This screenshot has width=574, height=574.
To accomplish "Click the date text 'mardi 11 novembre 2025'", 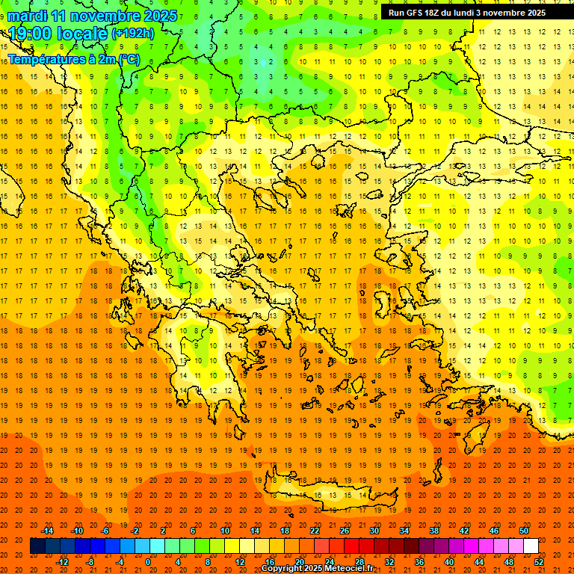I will click(93, 16).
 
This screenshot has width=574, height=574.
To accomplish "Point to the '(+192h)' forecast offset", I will click(133, 34).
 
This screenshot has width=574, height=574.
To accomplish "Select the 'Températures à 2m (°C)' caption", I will click(73, 58).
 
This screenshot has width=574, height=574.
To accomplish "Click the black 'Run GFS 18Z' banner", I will click(467, 13).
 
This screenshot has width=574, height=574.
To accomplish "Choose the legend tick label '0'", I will click(147, 562).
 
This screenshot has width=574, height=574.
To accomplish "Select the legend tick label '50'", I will click(524, 531).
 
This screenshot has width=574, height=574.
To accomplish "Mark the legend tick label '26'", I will click(345, 531).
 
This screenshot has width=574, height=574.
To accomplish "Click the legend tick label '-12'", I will click(63, 562).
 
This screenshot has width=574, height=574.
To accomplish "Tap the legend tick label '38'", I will click(434, 531).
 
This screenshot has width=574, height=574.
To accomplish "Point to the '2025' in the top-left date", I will click(161, 16).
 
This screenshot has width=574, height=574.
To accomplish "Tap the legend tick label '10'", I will click(225, 531).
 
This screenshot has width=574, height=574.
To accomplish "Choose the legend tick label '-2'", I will click(135, 531).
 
